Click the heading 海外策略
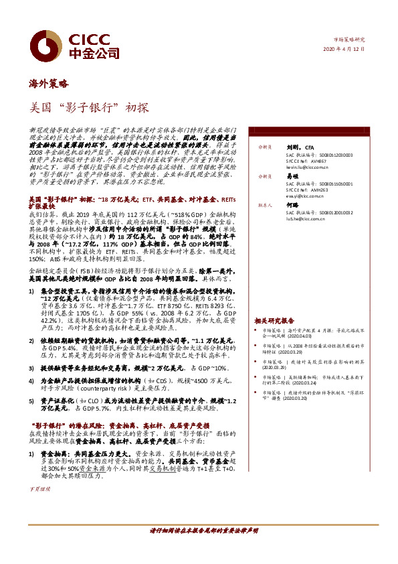[x=49, y=84]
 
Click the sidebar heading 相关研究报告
[x=274, y=321]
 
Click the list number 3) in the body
[x=31, y=368]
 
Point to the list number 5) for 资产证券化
[x=31, y=400]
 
